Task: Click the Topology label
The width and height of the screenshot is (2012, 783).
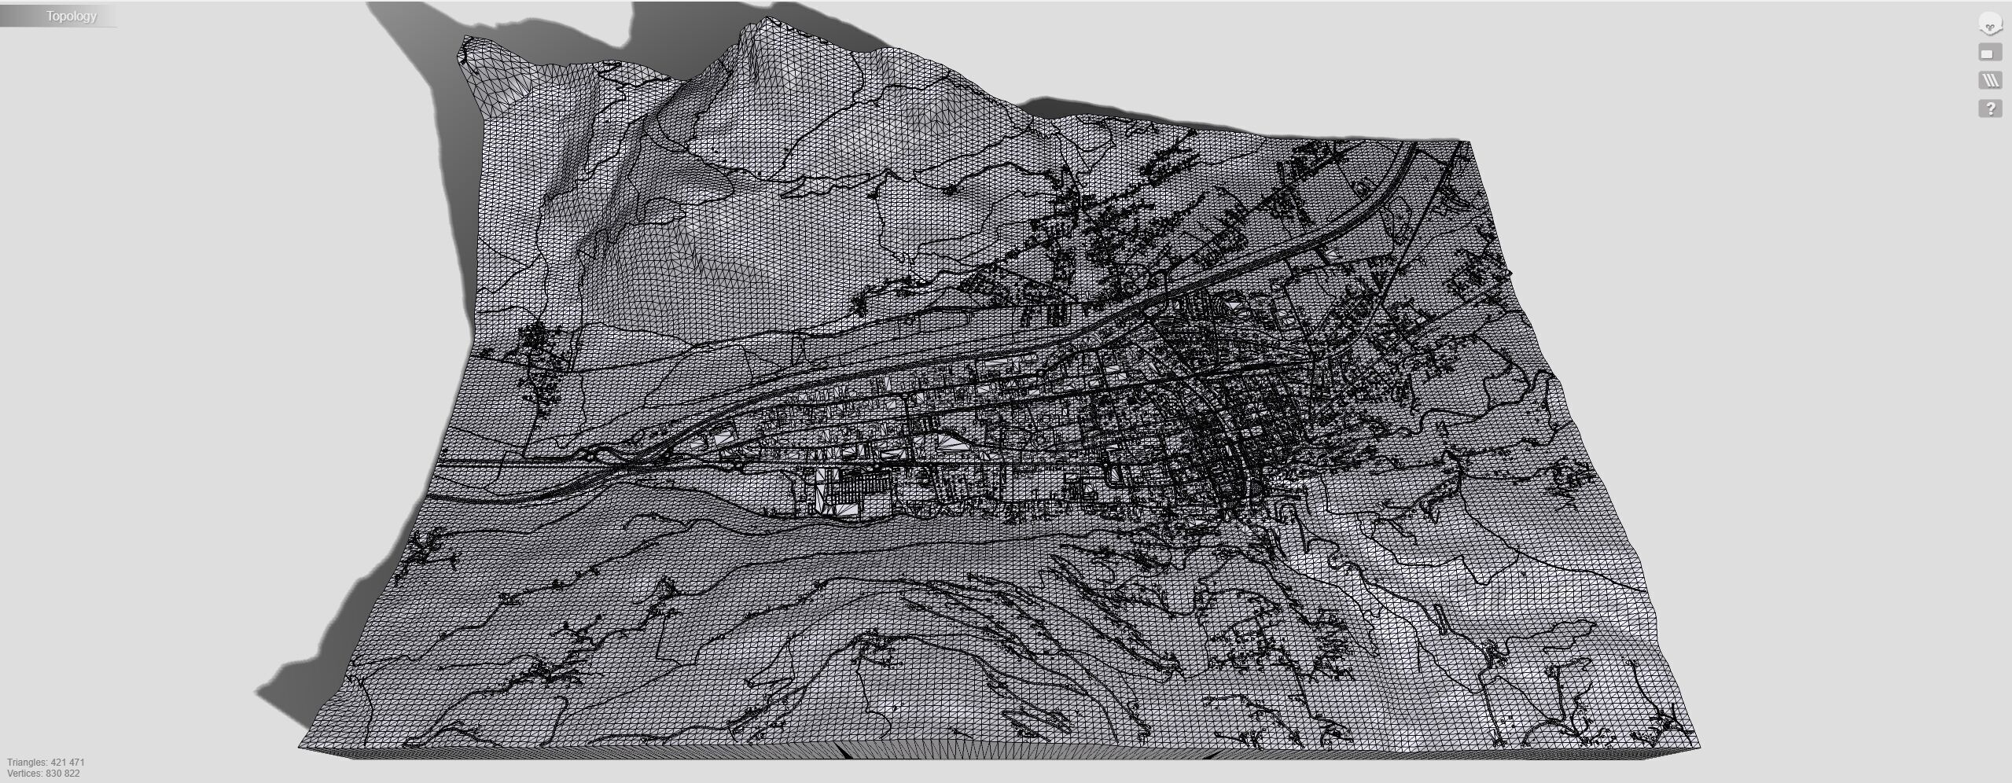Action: tap(71, 17)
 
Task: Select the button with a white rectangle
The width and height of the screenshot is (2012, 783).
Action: tap(1989, 53)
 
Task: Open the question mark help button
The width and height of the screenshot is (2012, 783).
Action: tap(1990, 108)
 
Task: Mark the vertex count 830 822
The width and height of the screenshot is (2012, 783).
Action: tap(64, 774)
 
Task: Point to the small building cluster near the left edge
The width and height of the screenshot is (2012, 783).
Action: tap(539, 346)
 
